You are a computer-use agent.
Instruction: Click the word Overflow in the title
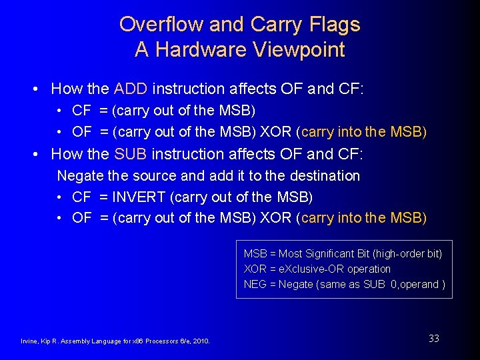pos(161,25)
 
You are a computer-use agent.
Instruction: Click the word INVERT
pos(141,197)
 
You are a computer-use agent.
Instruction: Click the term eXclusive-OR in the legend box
pos(298,269)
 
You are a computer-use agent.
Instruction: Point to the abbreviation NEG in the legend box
pos(255,285)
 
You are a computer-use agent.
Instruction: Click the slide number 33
pos(434,339)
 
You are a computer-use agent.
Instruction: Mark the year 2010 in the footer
pos(201,341)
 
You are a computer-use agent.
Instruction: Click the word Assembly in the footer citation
pos(74,341)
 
